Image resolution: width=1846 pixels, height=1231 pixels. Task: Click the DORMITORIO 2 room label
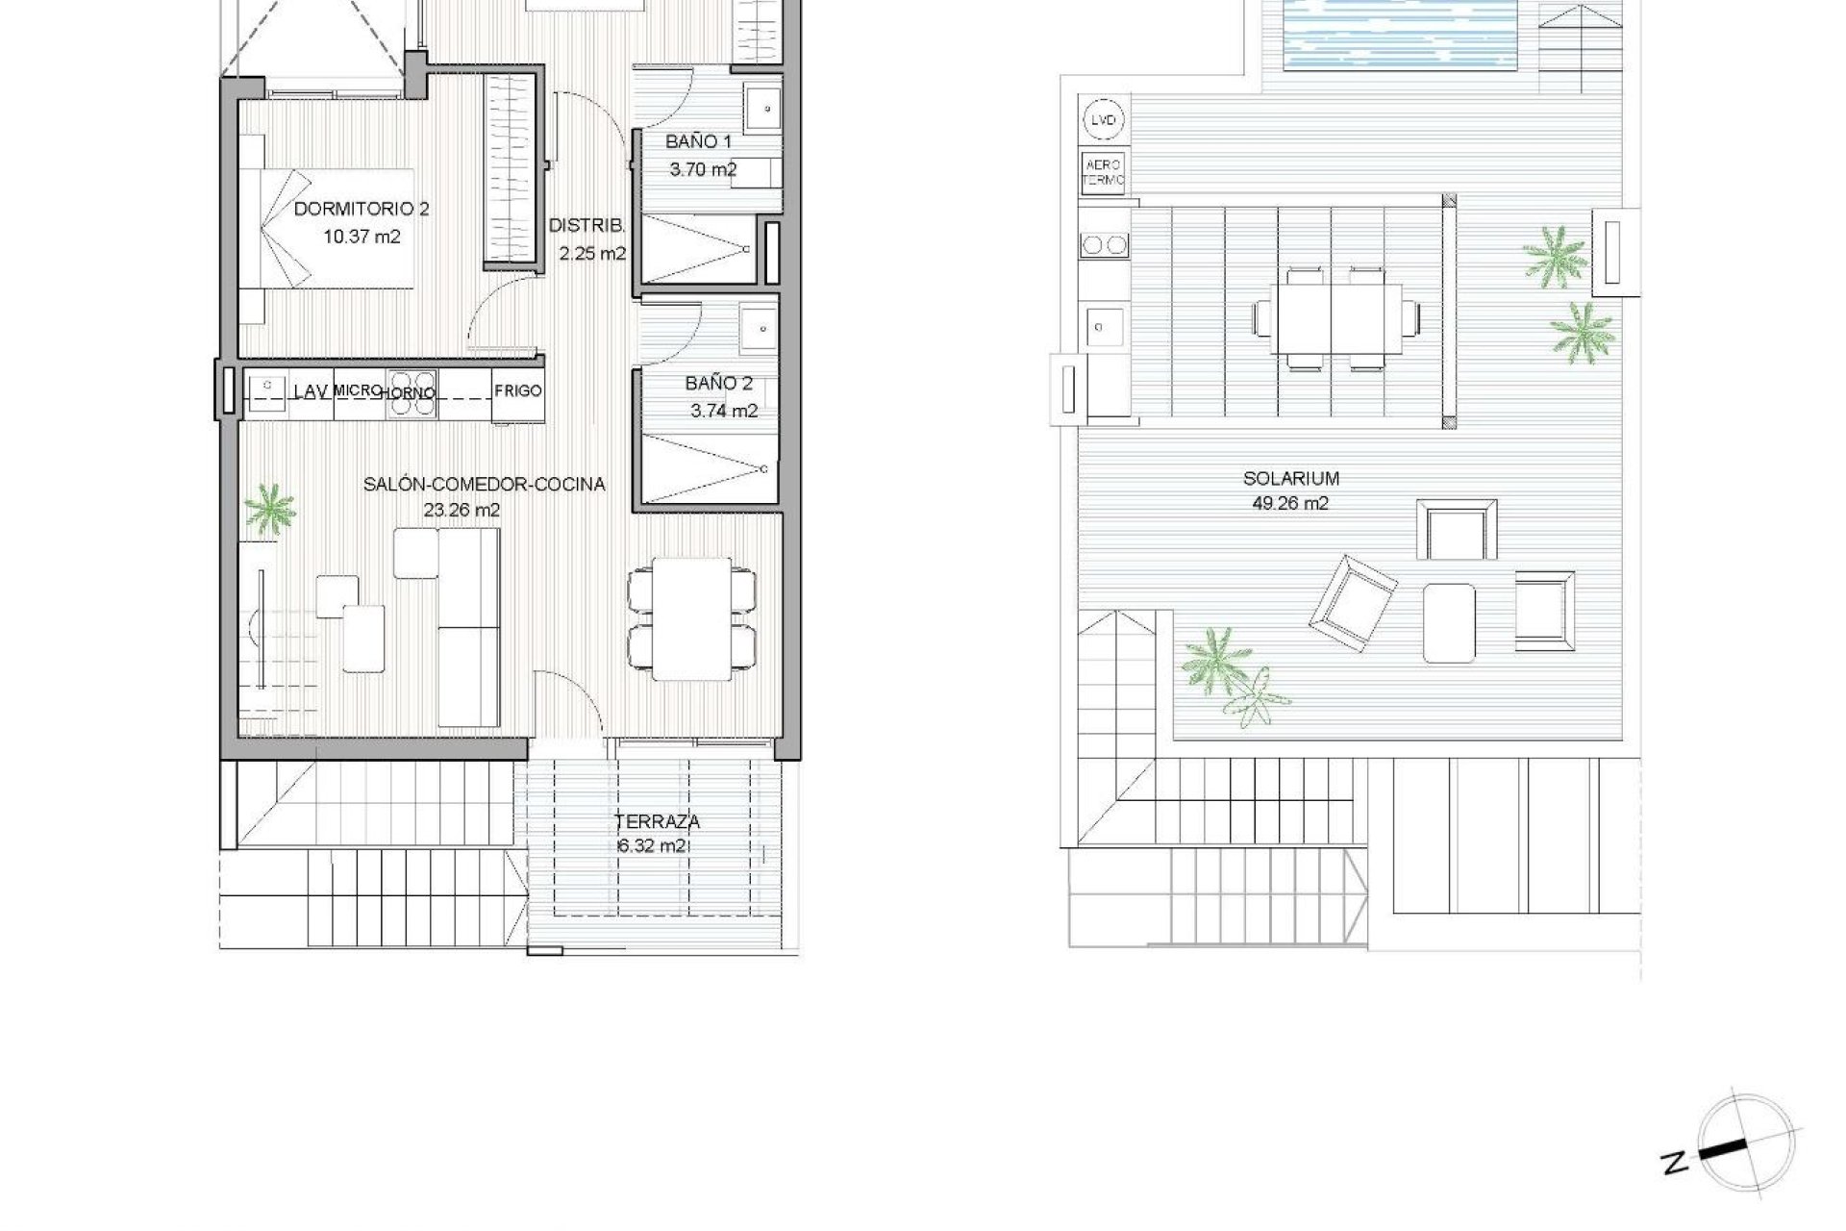pyautogui.click(x=361, y=209)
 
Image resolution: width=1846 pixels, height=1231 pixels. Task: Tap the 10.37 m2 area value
pyautogui.click(x=362, y=236)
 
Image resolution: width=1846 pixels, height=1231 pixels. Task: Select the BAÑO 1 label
pyautogui.click(x=698, y=142)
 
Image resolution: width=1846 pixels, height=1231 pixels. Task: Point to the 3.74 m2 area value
pyautogui.click(x=724, y=411)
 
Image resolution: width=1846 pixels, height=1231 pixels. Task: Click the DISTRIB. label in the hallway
pyautogui.click(x=587, y=227)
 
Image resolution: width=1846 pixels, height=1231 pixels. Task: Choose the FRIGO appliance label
pyautogui.click(x=518, y=391)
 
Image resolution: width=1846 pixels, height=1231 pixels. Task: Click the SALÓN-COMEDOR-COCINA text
pyautogui.click(x=484, y=485)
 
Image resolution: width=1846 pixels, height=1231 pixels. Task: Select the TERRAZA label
pyautogui.click(x=658, y=822)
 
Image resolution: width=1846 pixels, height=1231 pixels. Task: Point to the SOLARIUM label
pyautogui.click(x=1291, y=478)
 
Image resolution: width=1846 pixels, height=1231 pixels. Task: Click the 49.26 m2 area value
pyautogui.click(x=1291, y=503)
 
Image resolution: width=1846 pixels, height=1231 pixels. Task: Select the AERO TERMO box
pyautogui.click(x=1103, y=172)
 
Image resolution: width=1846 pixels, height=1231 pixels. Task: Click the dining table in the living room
pyautogui.click(x=692, y=617)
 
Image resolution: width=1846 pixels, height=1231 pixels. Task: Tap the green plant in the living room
pyautogui.click(x=270, y=509)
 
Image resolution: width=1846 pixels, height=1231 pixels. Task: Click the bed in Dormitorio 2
pyautogui.click(x=337, y=229)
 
